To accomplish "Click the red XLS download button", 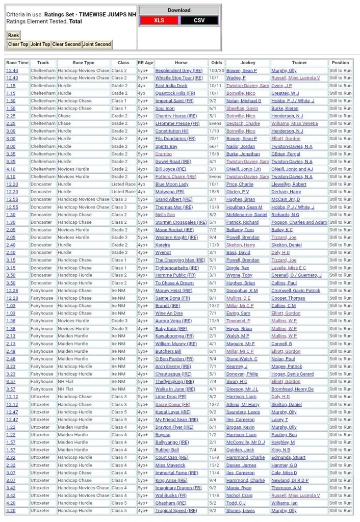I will click(159, 20).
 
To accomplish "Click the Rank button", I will click(13, 35).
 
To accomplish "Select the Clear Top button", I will click(18, 44).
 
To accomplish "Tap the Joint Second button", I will click(97, 44).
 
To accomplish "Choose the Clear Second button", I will click(66, 44).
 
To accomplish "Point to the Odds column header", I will click(216, 63).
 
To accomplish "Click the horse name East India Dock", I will click(171, 86).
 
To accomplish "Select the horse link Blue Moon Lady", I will click(172, 184).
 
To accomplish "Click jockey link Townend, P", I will click(238, 321).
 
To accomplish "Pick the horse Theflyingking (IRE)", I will click(174, 381).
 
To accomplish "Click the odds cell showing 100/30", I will click(216, 70).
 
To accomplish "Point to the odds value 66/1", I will click(216, 146).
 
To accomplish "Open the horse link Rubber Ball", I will click(167, 450).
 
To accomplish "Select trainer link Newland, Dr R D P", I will click(290, 480).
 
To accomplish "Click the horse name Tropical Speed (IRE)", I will click(176, 510).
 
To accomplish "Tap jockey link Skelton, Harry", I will click(241, 245).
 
